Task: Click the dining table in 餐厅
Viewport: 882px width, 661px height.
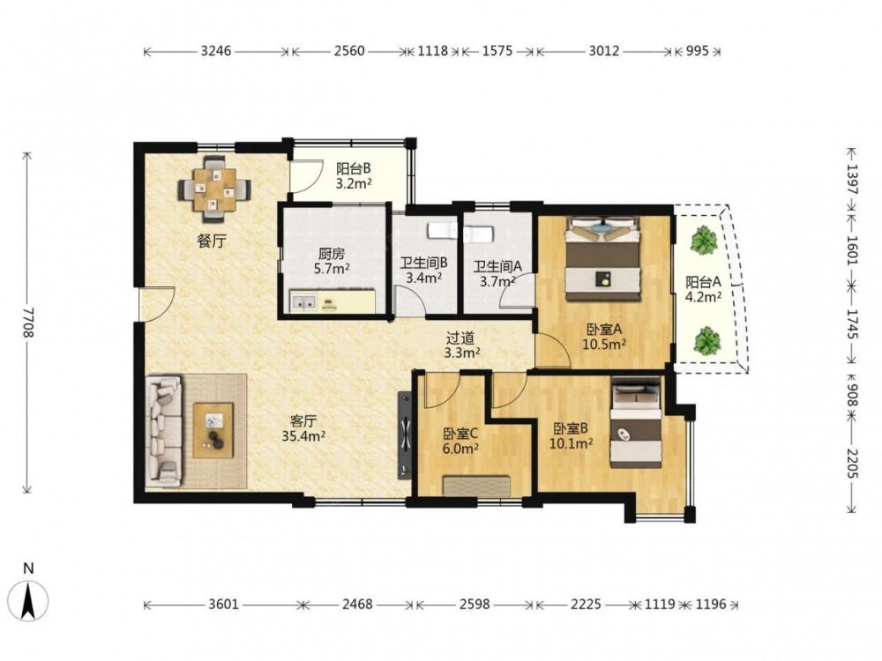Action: tap(214, 189)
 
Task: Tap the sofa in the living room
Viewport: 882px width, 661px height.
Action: tap(164, 430)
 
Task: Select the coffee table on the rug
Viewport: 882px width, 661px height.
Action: tap(213, 430)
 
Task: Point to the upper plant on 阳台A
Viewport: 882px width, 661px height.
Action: tap(704, 240)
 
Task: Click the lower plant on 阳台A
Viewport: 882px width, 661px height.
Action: tap(706, 341)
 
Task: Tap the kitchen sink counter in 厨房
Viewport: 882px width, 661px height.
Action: tap(333, 301)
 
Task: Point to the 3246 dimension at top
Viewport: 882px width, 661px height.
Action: tap(216, 51)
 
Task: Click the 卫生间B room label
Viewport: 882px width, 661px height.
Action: tap(423, 263)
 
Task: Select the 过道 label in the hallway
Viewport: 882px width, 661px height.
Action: tap(460, 338)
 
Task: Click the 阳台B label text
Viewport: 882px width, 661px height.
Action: tap(354, 168)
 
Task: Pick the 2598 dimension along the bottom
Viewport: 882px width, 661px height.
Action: tap(475, 605)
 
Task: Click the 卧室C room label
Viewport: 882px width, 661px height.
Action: tap(460, 434)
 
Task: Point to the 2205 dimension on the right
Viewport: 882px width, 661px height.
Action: tap(852, 464)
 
